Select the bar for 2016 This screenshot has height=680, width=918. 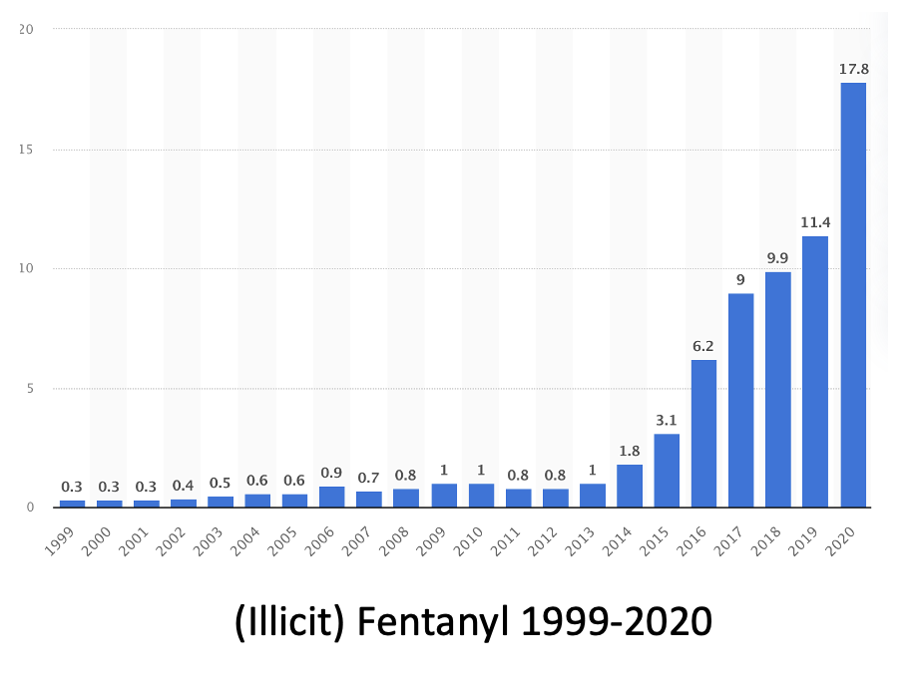pyautogui.click(x=704, y=433)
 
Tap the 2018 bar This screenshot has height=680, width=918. pyautogui.click(x=778, y=389)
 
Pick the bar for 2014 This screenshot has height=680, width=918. pyautogui.click(x=630, y=486)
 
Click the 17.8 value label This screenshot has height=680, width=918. pyautogui.click(x=853, y=69)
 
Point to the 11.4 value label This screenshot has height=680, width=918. pyautogui.click(x=815, y=221)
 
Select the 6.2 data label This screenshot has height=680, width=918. pyautogui.click(x=704, y=346)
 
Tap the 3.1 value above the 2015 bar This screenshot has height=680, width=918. pyautogui.click(x=667, y=420)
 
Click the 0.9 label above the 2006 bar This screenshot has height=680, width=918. pyautogui.click(x=332, y=473)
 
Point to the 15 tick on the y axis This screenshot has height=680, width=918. pyautogui.click(x=27, y=150)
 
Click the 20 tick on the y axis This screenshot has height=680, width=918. pyautogui.click(x=27, y=29)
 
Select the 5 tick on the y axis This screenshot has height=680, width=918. pyautogui.click(x=30, y=388)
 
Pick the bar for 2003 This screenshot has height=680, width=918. pyautogui.click(x=221, y=502)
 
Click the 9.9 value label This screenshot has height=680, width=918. pyautogui.click(x=778, y=257)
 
